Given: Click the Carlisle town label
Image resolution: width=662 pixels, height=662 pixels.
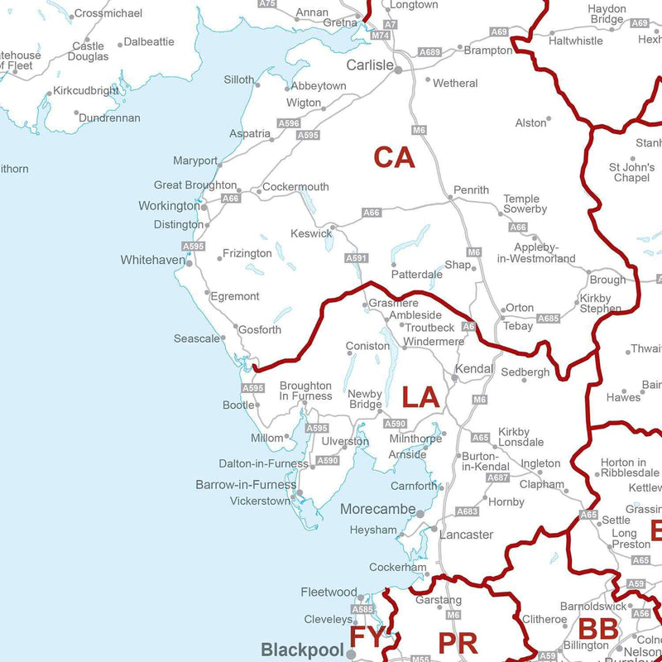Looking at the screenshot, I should click(x=369, y=65).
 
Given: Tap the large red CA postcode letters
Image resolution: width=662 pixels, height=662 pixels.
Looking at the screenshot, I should click(x=394, y=157).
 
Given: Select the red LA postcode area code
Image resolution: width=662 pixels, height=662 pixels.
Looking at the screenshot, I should click(x=420, y=397).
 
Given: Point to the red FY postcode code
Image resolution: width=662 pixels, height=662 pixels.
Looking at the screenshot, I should click(x=367, y=638).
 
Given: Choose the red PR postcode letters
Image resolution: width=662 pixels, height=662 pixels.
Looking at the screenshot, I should click(x=458, y=643).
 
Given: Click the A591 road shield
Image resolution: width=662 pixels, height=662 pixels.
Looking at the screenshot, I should click(x=356, y=259).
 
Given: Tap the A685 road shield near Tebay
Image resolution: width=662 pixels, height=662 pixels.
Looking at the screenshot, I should click(x=548, y=318).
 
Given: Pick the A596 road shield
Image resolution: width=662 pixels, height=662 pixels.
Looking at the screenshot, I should click(x=289, y=122).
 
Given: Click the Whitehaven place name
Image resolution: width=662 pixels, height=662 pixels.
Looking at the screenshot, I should click(x=153, y=260).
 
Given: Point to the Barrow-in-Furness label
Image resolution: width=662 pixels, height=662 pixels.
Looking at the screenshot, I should click(x=246, y=485).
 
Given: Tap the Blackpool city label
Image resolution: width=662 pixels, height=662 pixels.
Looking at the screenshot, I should click(x=302, y=650).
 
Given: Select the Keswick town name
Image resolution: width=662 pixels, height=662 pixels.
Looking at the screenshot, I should click(x=310, y=233).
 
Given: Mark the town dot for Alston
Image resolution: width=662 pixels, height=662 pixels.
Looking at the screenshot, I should click(x=552, y=122).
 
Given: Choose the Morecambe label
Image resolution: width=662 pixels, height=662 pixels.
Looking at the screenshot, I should click(x=378, y=510).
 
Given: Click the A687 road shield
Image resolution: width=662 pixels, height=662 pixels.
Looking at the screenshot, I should click(x=497, y=477).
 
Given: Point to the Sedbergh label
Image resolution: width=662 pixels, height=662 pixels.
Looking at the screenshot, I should click(x=525, y=372).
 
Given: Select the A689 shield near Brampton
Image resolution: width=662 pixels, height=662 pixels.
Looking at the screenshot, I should click(x=429, y=52).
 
